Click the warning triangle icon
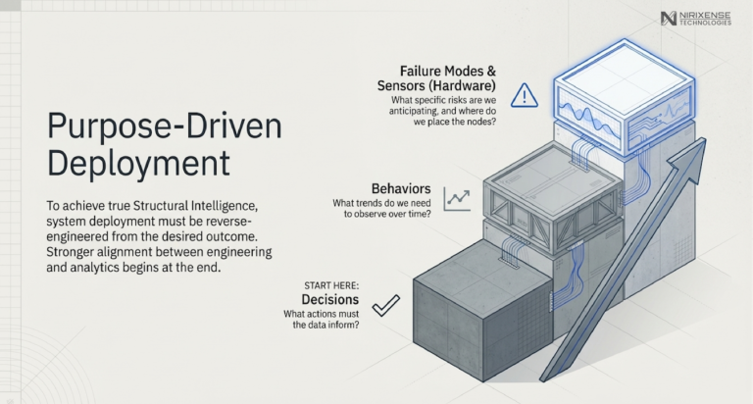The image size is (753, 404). click(x=525, y=94)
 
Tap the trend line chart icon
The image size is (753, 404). click(x=456, y=199)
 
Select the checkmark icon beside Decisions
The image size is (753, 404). click(x=384, y=304)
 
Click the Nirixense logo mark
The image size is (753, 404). click(x=670, y=18)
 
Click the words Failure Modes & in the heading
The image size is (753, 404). click(x=448, y=71)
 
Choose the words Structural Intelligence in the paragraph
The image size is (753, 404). click(x=209, y=205)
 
